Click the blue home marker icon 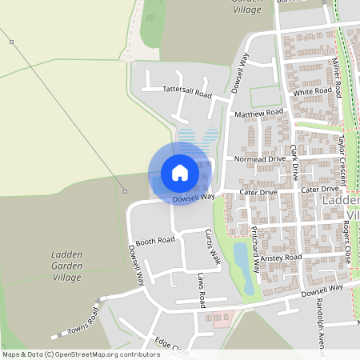[179, 173]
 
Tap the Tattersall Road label [186, 92]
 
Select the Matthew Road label [259, 114]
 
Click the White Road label [312, 92]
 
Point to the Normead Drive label [260, 159]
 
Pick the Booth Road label [154, 240]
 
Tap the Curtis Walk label [212, 246]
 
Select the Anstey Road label [281, 258]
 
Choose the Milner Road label [338, 77]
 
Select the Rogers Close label [346, 237]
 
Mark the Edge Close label [170, 345]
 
